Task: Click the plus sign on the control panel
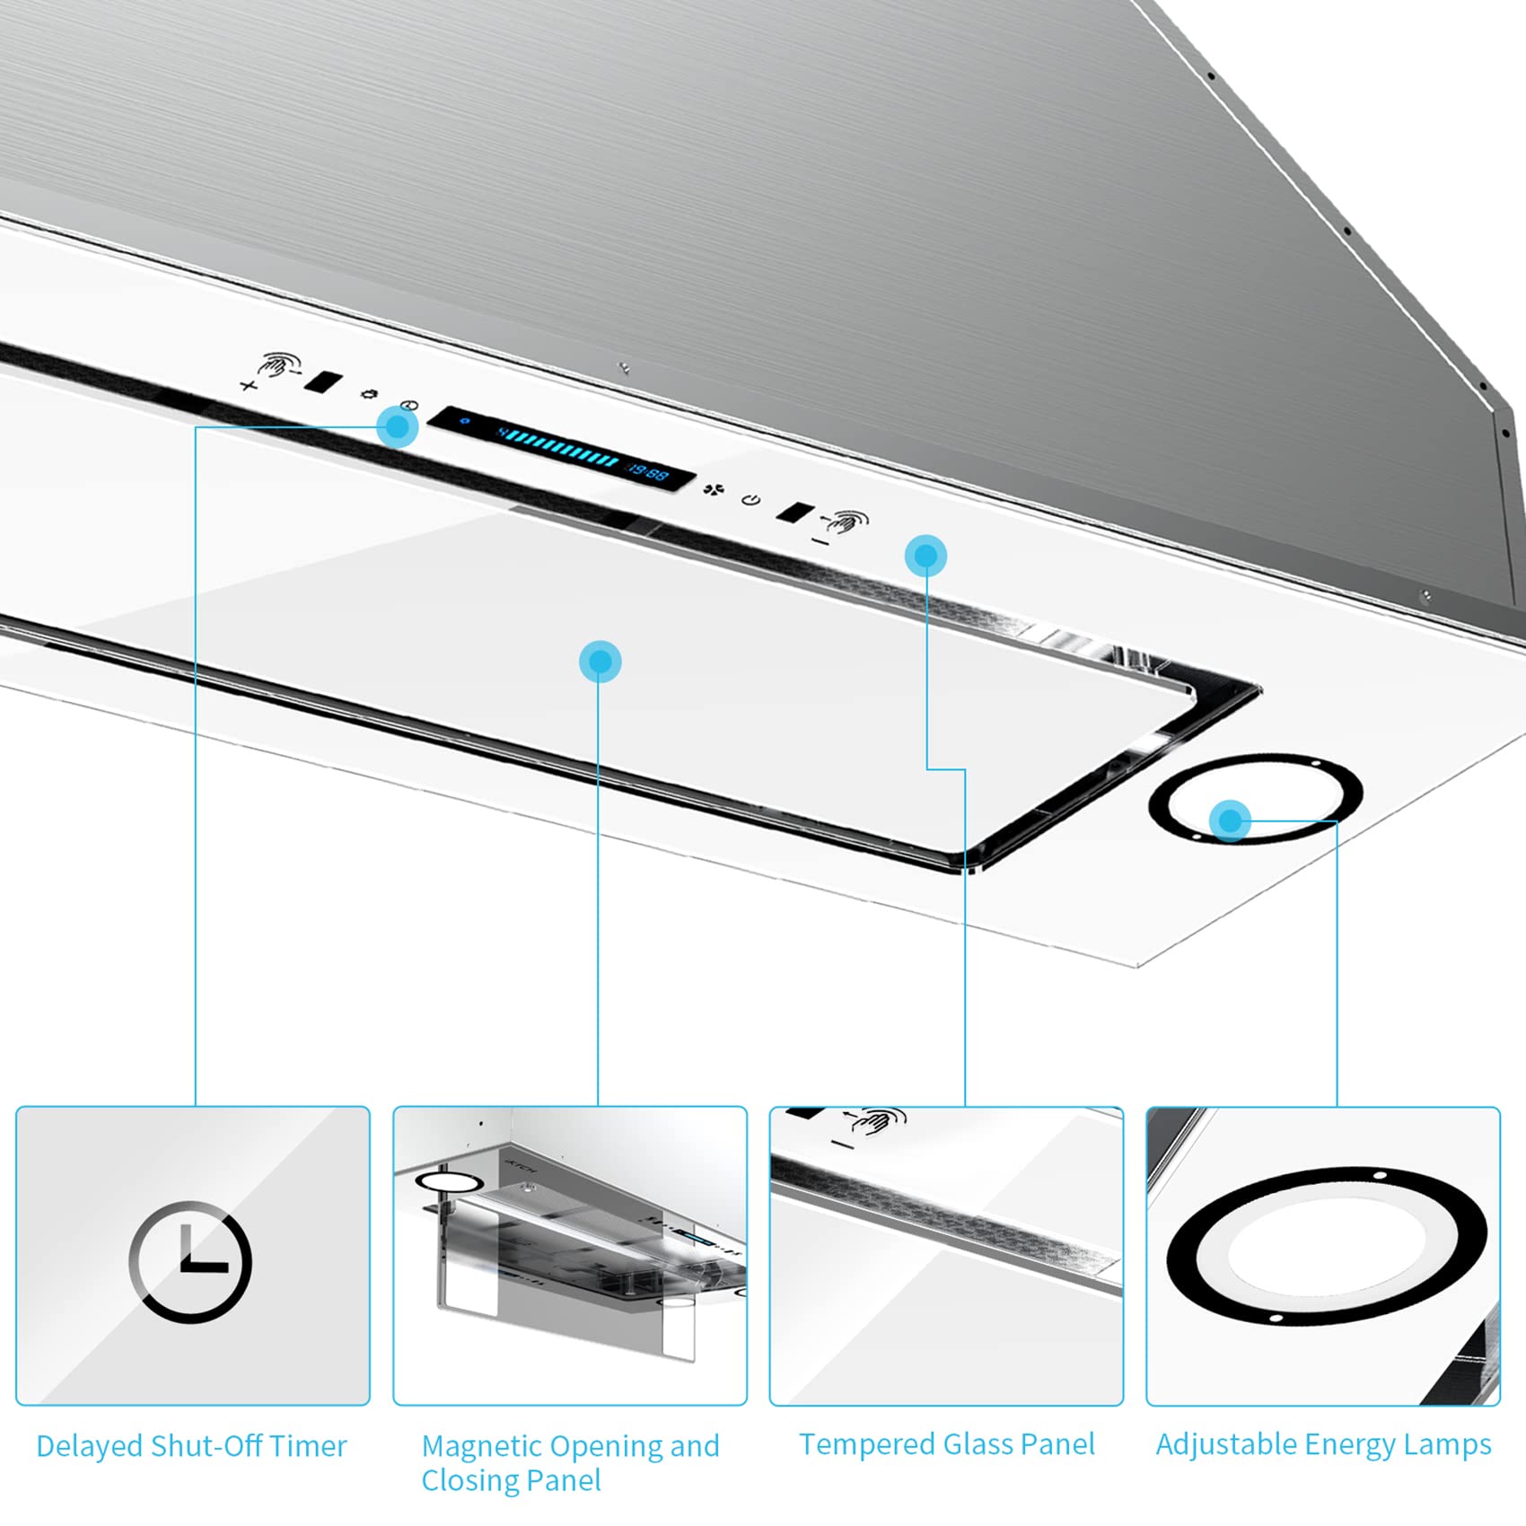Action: point(249,386)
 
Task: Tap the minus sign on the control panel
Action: point(820,540)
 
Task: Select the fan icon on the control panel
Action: point(713,489)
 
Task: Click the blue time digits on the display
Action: point(648,472)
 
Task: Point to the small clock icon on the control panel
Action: point(409,406)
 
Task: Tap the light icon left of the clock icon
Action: point(368,394)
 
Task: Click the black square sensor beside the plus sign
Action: point(322,381)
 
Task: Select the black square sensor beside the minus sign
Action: point(794,513)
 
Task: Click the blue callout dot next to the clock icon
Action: point(397,426)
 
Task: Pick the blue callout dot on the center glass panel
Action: point(600,662)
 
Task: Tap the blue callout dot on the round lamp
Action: point(1230,820)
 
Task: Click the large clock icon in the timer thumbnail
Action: point(190,1261)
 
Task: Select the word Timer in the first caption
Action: point(307,1446)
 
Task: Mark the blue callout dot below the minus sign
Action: point(925,557)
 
